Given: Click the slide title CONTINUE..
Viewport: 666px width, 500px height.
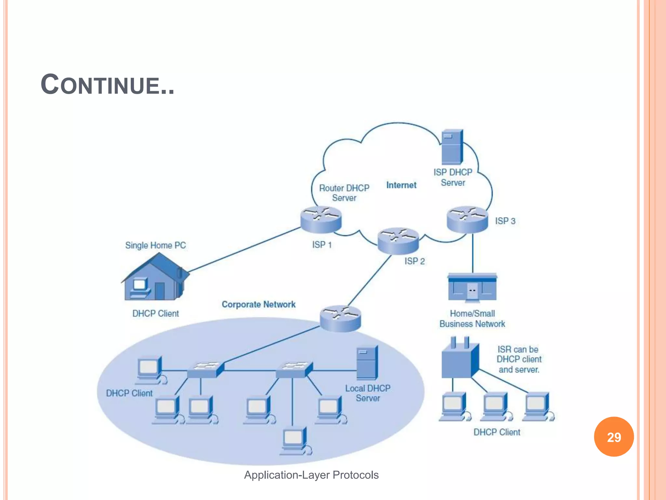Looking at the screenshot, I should [x=107, y=85].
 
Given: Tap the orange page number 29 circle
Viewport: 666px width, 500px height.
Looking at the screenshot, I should [x=614, y=437].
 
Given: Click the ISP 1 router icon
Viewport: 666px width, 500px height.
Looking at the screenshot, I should [x=321, y=220].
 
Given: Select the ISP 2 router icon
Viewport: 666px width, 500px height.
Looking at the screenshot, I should [x=398, y=241].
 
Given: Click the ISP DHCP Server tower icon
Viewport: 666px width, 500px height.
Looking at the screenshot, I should [x=452, y=147].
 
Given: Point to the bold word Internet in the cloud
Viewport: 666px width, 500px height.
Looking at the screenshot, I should [x=401, y=185].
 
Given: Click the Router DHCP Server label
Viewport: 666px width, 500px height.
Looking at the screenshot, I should [x=344, y=193].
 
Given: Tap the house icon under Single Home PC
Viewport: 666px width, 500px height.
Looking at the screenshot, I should [x=154, y=278].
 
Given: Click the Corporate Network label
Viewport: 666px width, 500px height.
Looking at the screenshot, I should [x=259, y=304].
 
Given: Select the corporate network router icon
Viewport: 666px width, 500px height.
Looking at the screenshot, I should [x=340, y=318].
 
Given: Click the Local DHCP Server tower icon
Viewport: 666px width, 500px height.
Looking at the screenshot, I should [x=367, y=363].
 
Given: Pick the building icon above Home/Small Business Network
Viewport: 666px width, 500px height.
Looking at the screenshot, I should [x=472, y=287].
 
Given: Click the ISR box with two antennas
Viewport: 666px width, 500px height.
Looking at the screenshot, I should [x=459, y=360].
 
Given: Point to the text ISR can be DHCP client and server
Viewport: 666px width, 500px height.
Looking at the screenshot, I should [x=519, y=359].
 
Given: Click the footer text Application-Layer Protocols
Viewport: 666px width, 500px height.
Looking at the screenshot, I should [x=311, y=475].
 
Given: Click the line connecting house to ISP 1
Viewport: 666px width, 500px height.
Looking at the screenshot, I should [x=244, y=249].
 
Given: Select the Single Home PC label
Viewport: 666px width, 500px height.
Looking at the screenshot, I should [x=155, y=245].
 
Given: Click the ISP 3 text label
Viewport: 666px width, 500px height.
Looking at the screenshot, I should [x=505, y=221].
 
